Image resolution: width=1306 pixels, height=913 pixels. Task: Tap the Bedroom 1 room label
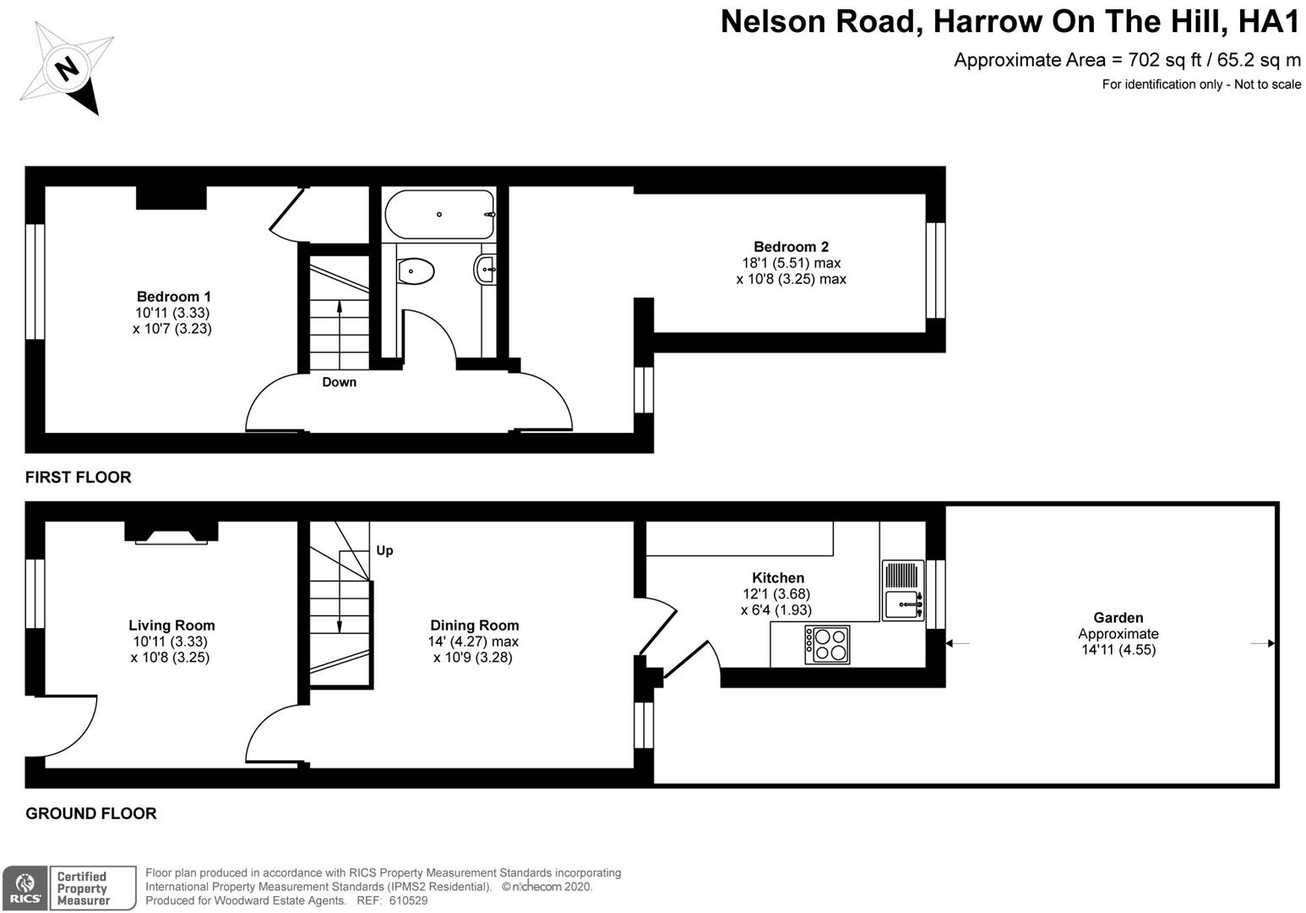click(173, 297)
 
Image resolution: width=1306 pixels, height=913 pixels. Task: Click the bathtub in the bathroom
click(438, 214)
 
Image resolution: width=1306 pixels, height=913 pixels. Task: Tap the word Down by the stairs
click(339, 382)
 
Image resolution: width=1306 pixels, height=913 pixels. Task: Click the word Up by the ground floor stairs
click(384, 550)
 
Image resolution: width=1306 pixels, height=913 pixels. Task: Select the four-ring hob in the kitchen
click(827, 644)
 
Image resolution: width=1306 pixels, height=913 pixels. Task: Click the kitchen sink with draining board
click(902, 590)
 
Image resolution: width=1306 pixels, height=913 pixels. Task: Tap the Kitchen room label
click(777, 578)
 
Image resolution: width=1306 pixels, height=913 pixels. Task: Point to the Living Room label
click(171, 626)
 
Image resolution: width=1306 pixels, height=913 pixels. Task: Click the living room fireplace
click(171, 533)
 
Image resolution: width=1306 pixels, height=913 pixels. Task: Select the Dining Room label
click(473, 626)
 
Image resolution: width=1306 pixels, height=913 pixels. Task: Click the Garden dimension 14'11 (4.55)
click(1118, 650)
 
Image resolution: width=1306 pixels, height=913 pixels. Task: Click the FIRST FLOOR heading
click(78, 478)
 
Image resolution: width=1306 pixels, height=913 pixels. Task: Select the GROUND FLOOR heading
click(90, 813)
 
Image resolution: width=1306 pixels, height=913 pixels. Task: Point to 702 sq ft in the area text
click(1156, 60)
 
